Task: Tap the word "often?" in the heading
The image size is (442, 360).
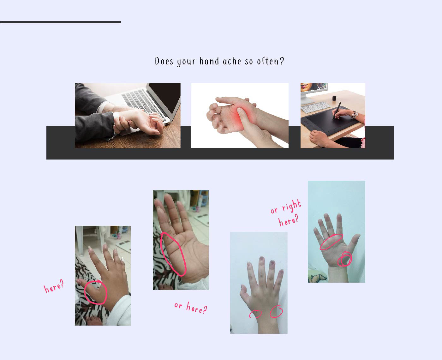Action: [270, 61]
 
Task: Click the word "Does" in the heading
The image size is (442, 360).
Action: [164, 61]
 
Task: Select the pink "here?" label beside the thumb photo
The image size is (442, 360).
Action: [54, 286]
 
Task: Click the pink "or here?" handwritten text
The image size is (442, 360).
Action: [191, 308]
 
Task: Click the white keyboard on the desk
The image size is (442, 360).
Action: [315, 107]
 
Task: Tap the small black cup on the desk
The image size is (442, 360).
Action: [334, 98]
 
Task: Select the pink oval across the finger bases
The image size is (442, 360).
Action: [331, 242]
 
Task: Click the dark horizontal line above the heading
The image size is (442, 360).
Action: [60, 22]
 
